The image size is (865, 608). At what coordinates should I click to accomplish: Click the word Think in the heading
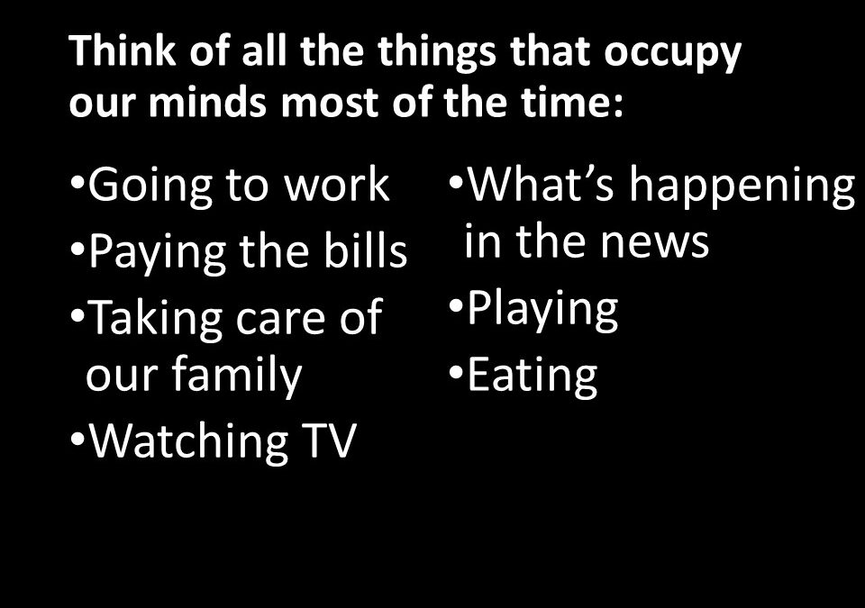click(123, 50)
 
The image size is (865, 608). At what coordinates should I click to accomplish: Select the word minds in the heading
click(207, 102)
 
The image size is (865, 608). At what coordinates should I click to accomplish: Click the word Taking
click(156, 319)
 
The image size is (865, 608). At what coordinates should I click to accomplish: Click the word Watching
click(188, 441)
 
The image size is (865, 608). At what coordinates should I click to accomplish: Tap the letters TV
click(329, 440)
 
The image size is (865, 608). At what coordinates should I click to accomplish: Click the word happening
click(742, 186)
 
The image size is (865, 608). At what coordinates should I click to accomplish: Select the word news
click(655, 243)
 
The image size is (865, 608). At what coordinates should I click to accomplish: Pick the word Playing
click(542, 311)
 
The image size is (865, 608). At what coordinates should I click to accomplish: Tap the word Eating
click(533, 376)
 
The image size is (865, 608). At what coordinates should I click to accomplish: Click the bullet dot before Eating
click(456, 372)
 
